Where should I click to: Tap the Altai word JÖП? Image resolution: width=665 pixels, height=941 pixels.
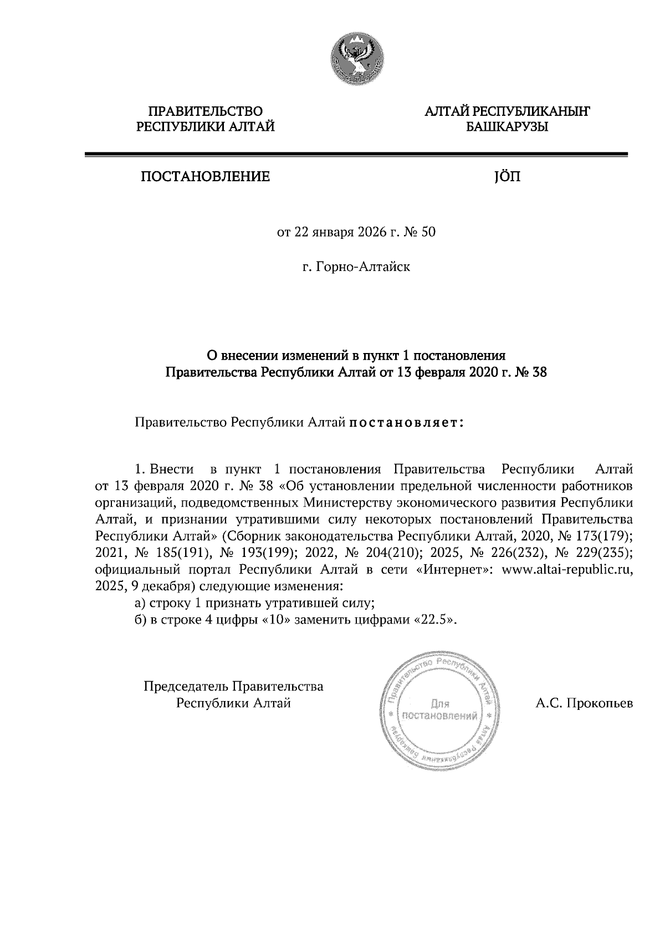click(507, 177)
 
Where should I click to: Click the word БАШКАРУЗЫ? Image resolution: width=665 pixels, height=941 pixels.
click(507, 127)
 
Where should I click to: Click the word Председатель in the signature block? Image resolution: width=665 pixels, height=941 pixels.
click(186, 687)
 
